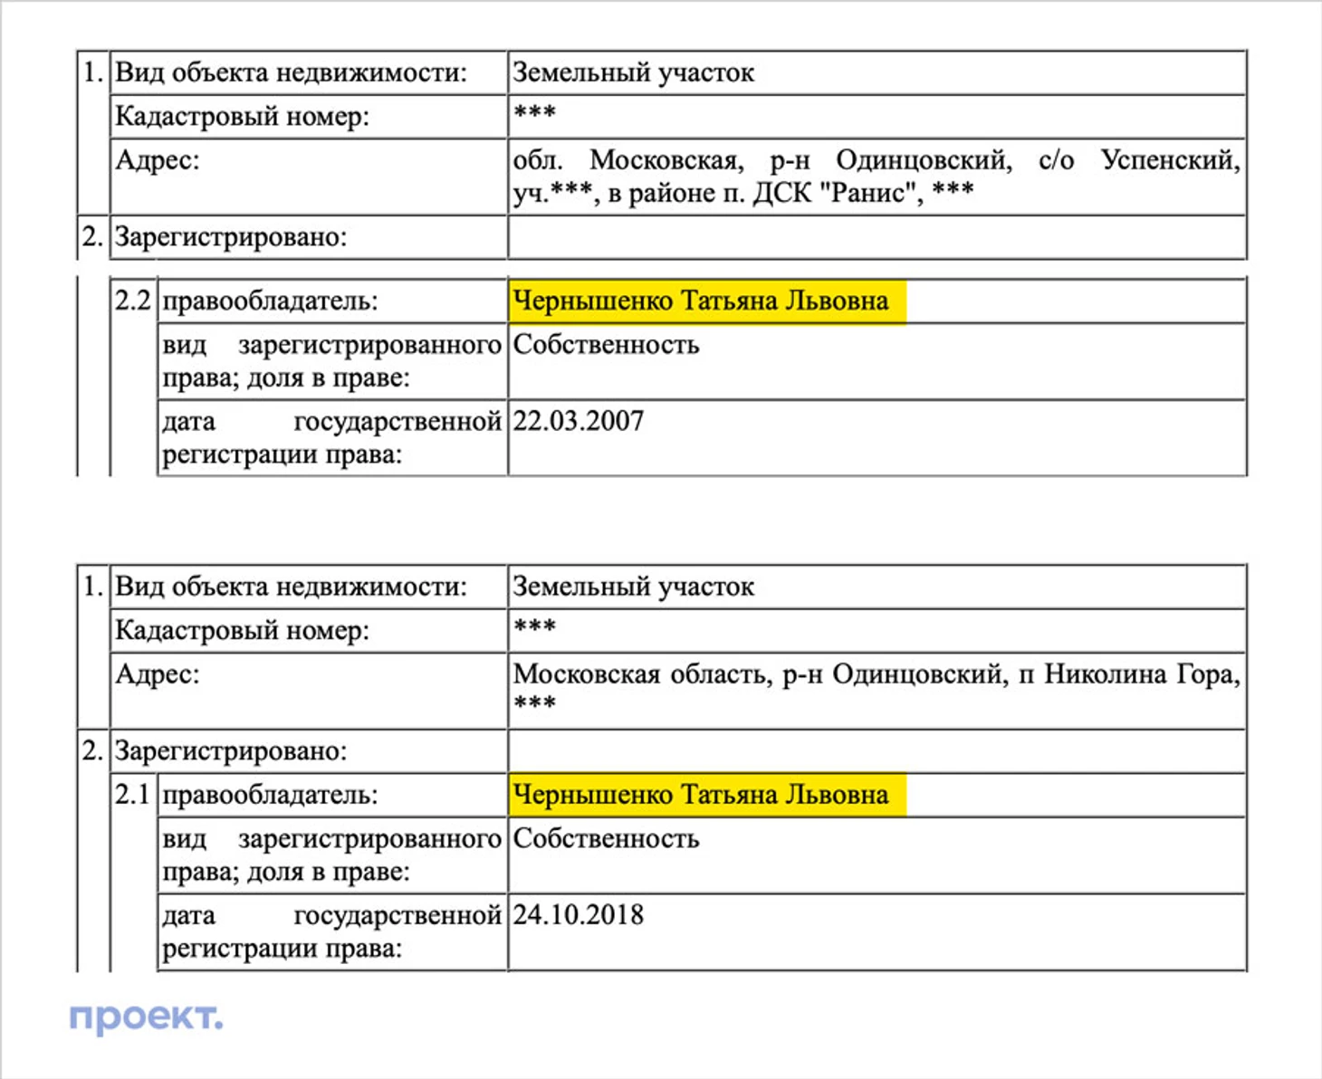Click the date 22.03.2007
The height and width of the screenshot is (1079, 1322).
(579, 422)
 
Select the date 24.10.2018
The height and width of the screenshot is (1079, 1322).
(579, 915)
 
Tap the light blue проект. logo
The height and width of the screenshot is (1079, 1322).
(146, 1017)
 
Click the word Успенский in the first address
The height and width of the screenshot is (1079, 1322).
(1170, 160)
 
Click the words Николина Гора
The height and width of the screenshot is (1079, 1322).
(1141, 674)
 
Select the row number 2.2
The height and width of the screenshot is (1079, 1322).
(132, 301)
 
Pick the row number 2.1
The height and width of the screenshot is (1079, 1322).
(132, 795)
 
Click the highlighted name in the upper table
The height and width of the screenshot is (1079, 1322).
(701, 301)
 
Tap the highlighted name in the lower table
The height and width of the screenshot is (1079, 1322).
(701, 795)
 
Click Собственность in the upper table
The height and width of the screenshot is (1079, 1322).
(606, 345)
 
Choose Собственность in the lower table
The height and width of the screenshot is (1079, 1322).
(606, 839)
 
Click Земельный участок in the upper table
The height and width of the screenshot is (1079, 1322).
(633, 72)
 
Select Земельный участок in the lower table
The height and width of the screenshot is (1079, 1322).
(633, 587)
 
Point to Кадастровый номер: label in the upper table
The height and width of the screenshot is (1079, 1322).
(242, 117)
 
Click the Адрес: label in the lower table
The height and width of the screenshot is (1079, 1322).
(157, 674)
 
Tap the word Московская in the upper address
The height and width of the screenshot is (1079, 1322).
(666, 160)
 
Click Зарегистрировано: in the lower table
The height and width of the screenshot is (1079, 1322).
(230, 751)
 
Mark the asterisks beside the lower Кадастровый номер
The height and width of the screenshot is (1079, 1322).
(534, 626)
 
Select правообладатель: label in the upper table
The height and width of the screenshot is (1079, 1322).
(269, 301)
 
